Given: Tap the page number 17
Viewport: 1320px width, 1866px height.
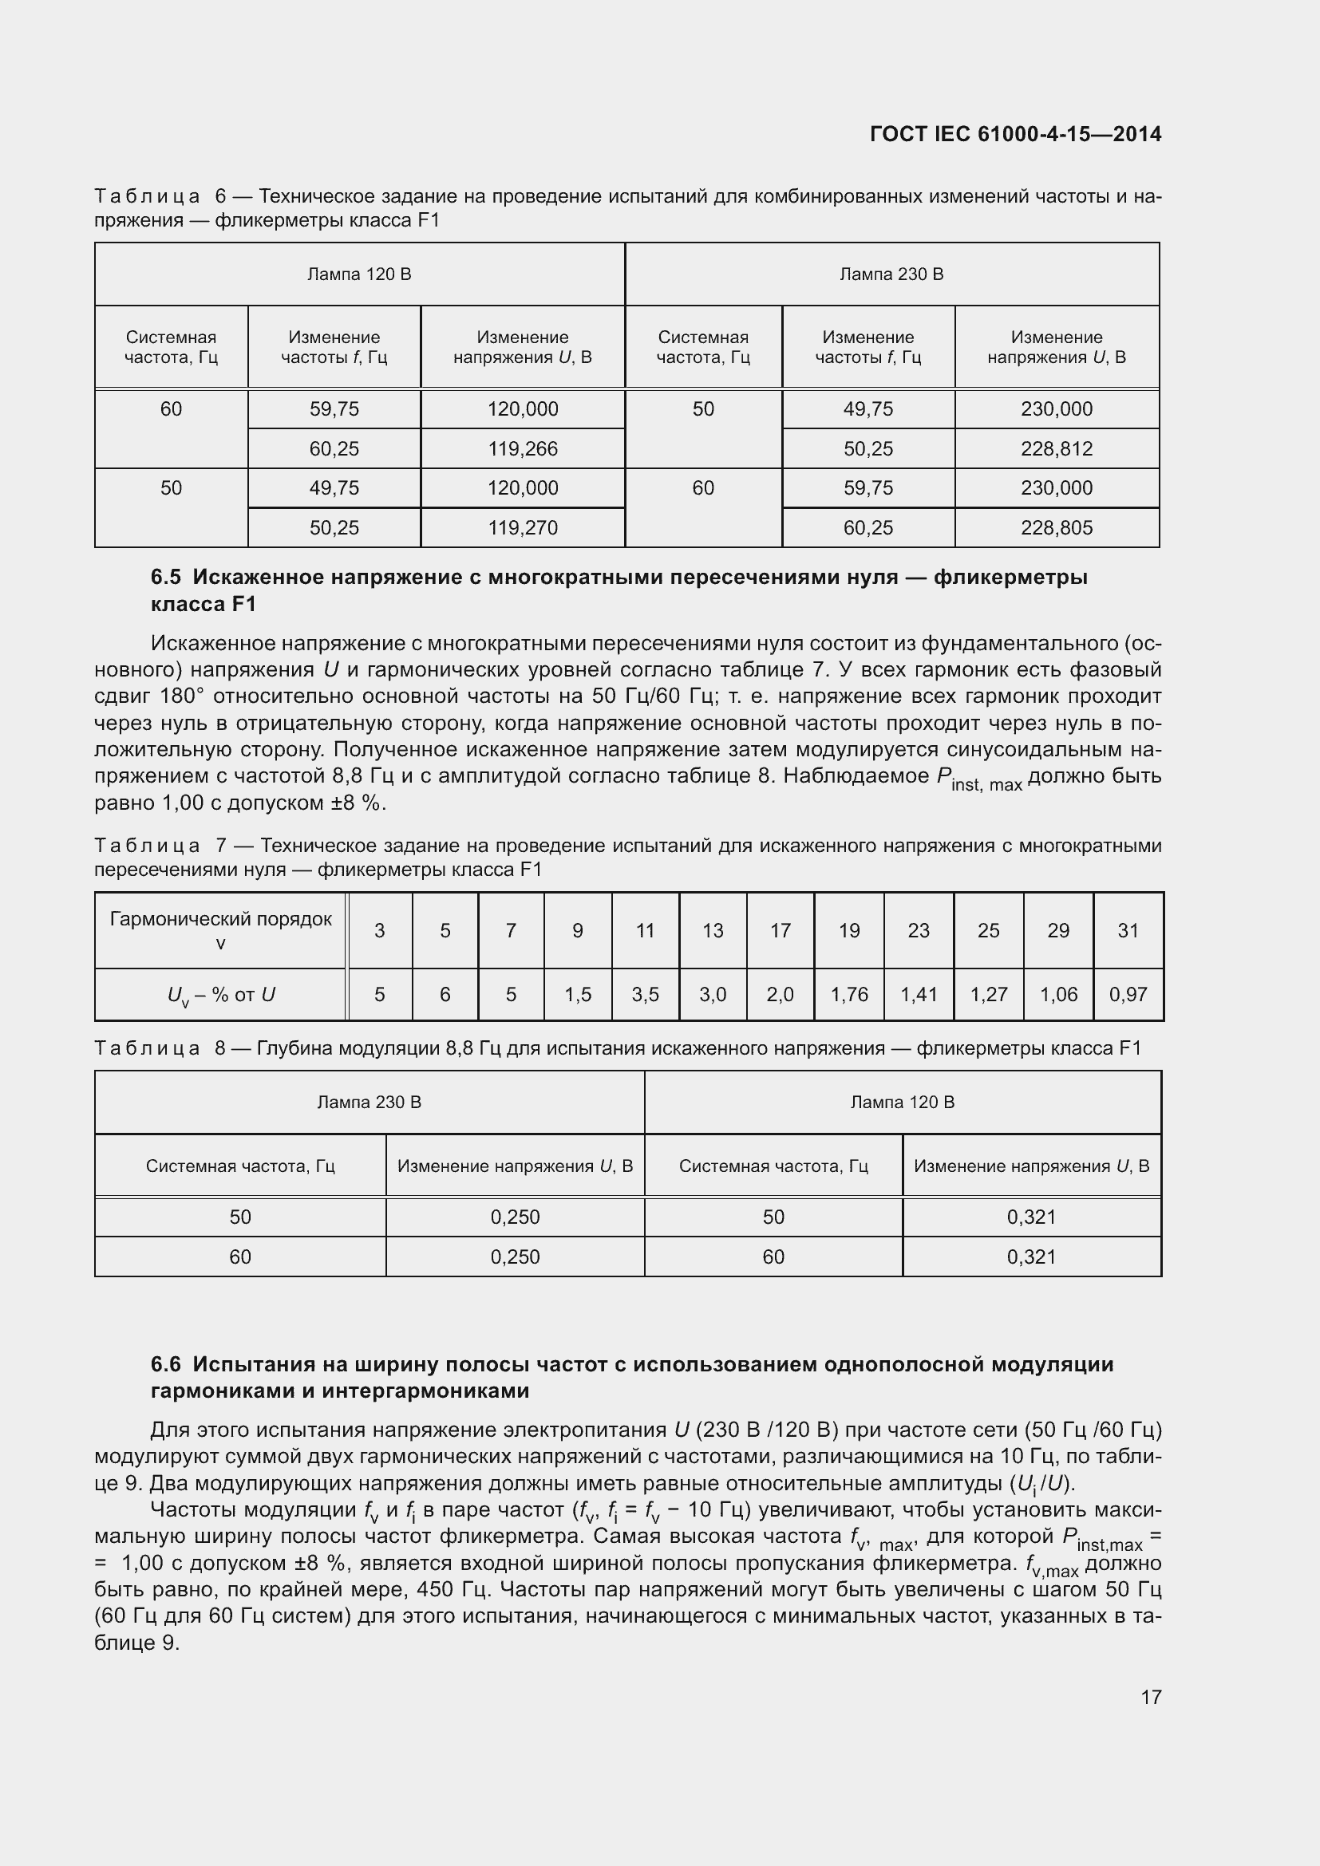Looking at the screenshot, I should coord(1151,1697).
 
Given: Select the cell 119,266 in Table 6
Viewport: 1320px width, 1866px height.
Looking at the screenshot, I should coord(523,448).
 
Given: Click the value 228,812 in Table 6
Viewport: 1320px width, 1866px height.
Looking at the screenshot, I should coord(1056,448).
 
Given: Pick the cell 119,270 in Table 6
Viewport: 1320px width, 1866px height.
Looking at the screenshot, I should coord(523,527).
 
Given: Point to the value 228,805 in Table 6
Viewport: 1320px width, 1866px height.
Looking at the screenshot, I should coord(1056,527).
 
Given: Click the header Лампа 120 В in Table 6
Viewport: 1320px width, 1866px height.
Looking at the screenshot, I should coord(359,274).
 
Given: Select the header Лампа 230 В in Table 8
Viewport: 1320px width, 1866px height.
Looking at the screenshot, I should coord(369,1102).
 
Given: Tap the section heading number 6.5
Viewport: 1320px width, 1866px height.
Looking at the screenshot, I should coord(166,577).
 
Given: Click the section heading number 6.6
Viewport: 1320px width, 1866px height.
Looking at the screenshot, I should coord(166,1363).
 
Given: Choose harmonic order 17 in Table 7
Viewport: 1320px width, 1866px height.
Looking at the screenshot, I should coord(781,930).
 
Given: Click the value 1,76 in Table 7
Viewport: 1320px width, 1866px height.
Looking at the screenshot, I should coord(848,994).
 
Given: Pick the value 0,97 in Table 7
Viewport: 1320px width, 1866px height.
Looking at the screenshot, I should coord(1128,994).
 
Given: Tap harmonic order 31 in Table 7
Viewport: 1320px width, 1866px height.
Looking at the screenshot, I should coord(1128,930).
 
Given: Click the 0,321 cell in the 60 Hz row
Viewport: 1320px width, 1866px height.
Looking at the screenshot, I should coord(1031,1256).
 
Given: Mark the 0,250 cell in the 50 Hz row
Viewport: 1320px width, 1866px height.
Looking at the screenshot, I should coord(516,1217).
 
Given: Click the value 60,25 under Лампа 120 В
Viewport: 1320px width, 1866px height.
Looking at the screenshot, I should coord(334,448).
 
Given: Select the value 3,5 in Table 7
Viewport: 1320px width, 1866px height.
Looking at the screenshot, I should coord(646,994).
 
